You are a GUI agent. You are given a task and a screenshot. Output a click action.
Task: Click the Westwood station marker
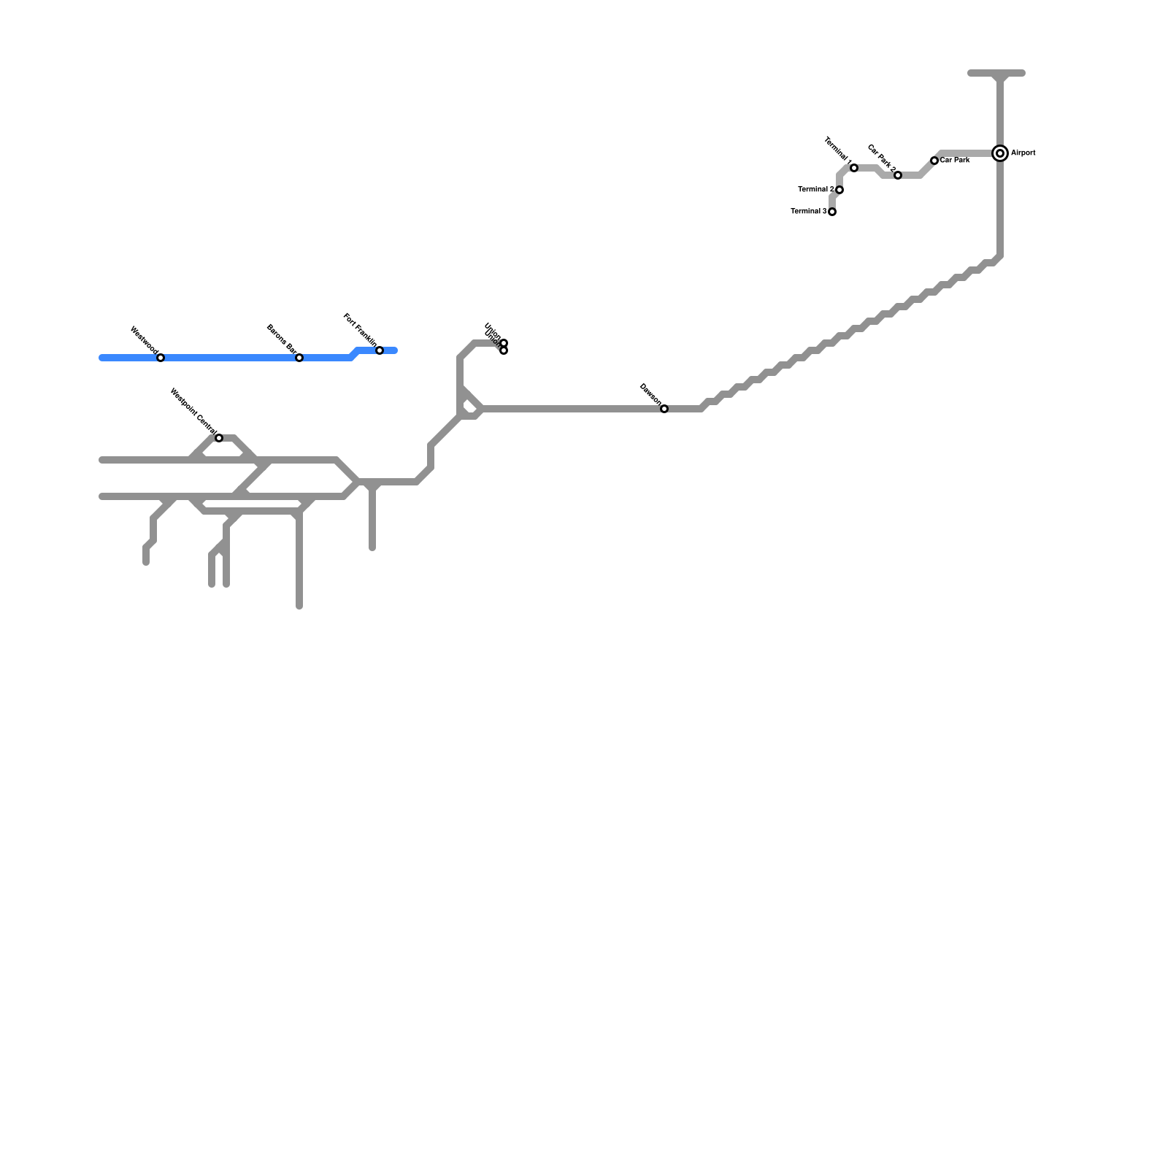161,358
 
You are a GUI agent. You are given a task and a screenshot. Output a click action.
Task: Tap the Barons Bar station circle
299,358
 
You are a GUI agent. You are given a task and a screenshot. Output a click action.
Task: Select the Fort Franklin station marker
380,350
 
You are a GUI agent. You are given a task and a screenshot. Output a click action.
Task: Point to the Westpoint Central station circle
219,438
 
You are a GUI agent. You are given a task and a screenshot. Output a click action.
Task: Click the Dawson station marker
664,409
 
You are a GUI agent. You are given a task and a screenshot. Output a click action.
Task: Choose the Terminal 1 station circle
854,168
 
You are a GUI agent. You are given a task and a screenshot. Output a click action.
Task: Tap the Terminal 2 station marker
839,190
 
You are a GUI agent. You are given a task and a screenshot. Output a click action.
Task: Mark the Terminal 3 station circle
832,212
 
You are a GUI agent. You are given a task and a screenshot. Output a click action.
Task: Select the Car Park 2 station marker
898,175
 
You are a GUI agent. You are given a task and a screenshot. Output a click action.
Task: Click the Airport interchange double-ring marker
1000,153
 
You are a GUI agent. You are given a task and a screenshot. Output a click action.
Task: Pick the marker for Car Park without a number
934,161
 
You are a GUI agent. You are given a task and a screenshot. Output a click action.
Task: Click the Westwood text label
144,341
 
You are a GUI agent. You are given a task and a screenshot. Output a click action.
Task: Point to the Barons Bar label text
281,339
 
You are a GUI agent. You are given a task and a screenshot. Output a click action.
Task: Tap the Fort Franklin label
360,330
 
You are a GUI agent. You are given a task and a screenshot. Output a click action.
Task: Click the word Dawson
650,393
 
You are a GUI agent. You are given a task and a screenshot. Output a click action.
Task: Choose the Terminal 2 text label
816,190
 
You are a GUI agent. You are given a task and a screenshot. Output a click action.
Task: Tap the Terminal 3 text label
809,212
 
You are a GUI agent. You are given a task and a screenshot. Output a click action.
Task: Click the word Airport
1023,153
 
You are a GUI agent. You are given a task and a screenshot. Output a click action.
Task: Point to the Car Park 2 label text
881,158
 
